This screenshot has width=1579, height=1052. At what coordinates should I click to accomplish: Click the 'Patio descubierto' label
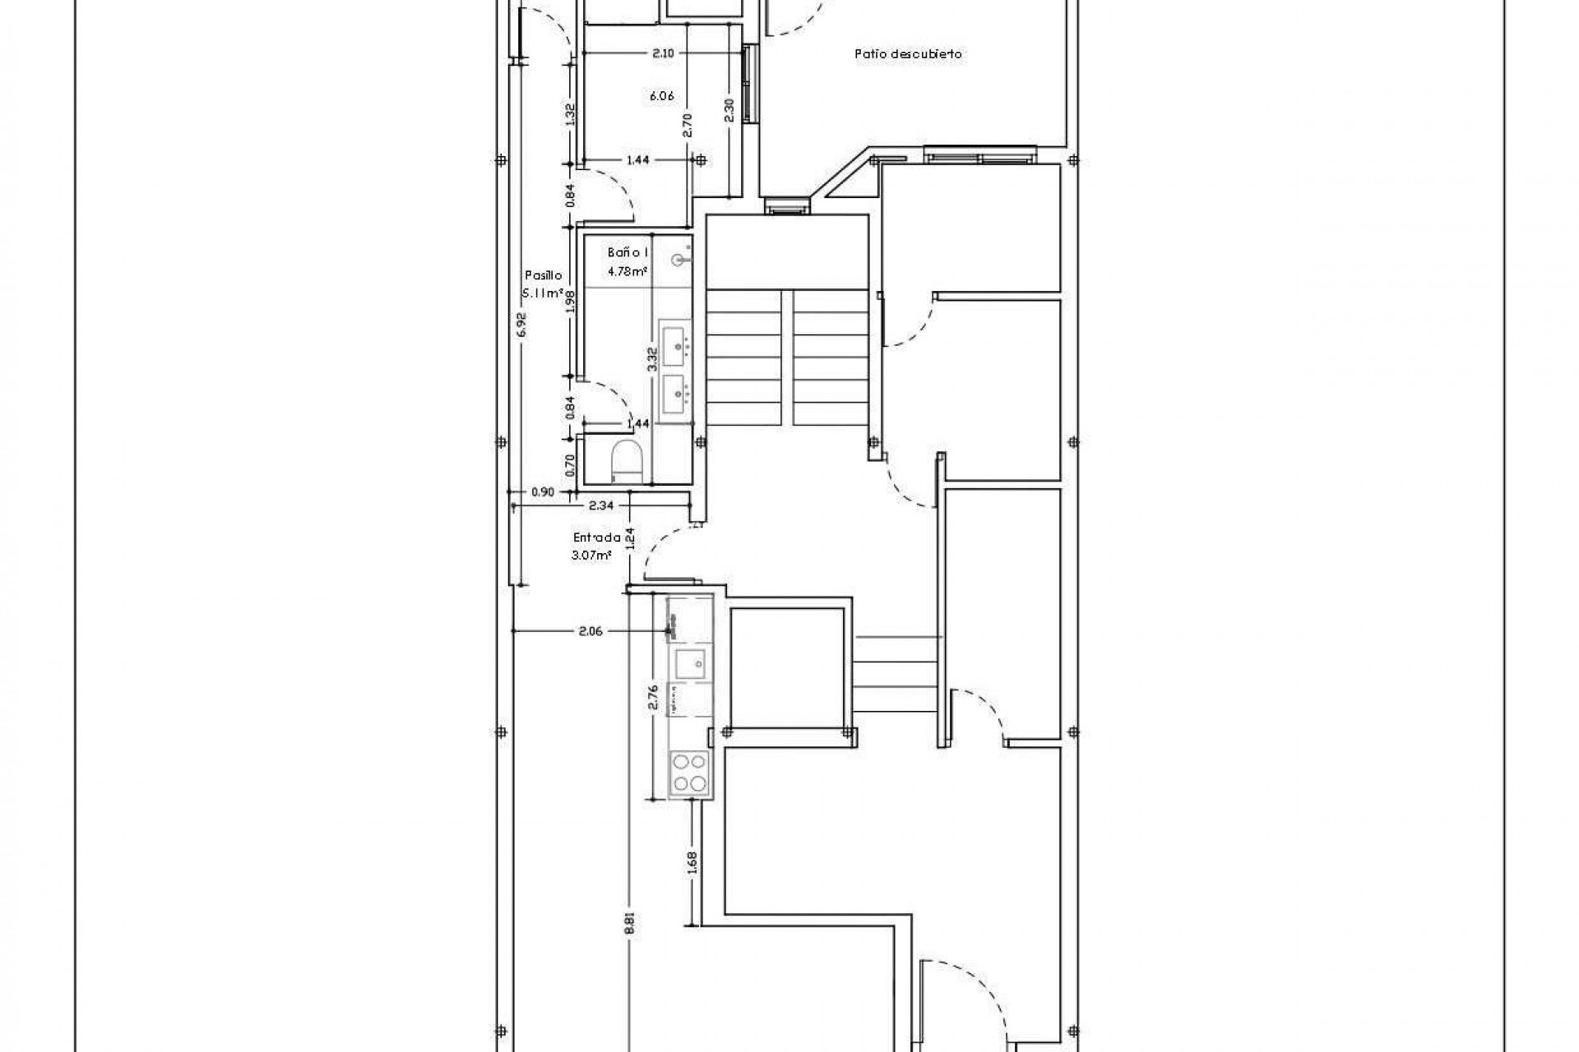pyautogui.click(x=908, y=54)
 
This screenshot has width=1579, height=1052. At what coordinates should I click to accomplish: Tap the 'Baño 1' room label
pyautogui.click(x=629, y=252)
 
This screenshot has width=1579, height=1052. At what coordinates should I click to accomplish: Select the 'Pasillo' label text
pyautogui.click(x=543, y=276)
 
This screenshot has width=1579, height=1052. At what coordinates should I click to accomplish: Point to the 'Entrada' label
pyautogui.click(x=596, y=538)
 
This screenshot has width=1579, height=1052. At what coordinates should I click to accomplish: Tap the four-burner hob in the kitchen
pyautogui.click(x=689, y=773)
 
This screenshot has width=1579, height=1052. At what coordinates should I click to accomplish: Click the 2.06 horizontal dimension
pyautogui.click(x=590, y=631)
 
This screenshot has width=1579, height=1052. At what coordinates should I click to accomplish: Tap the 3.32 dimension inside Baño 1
pyautogui.click(x=651, y=359)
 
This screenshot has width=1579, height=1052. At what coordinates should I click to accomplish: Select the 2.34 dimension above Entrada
pyautogui.click(x=600, y=506)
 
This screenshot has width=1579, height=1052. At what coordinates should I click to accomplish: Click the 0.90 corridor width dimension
pyautogui.click(x=542, y=492)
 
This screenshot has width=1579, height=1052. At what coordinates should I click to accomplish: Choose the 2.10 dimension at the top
pyautogui.click(x=663, y=53)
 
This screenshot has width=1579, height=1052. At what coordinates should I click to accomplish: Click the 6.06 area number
pyautogui.click(x=661, y=96)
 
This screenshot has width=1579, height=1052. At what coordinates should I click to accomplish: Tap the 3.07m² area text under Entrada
pyautogui.click(x=591, y=555)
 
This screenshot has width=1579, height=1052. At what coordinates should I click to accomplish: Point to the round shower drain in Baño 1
pyautogui.click(x=679, y=261)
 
